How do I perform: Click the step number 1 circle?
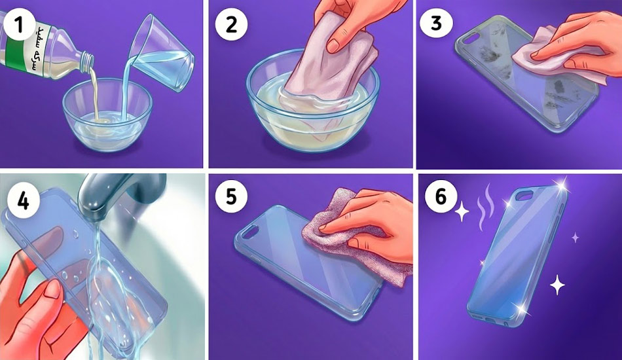(x=18, y=25)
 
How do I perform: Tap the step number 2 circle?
(x=231, y=25)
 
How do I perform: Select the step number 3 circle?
(x=436, y=24)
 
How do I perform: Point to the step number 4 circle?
(x=24, y=201)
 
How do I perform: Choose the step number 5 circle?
(x=231, y=196)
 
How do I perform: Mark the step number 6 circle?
(x=441, y=197)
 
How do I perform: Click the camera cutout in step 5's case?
(x=249, y=233)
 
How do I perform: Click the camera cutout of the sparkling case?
(x=524, y=194)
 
